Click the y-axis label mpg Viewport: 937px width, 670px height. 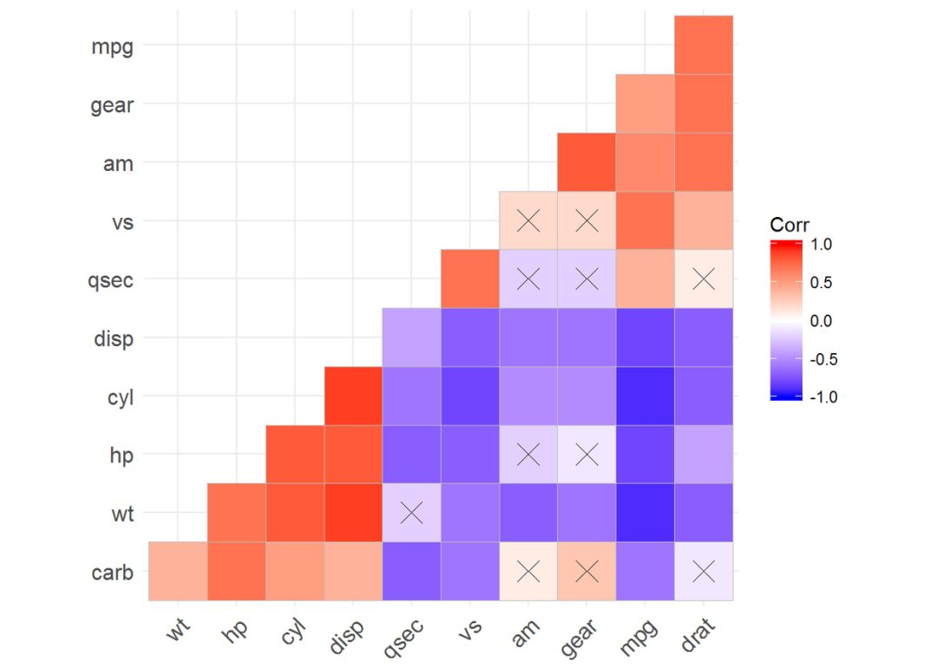click(112, 47)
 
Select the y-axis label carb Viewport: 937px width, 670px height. click(112, 572)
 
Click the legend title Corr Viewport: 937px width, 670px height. click(789, 225)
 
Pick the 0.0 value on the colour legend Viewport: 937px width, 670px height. click(821, 321)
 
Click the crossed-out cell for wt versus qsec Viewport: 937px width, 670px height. click(411, 513)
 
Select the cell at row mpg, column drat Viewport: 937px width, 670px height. click(704, 45)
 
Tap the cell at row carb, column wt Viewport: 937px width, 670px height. click(178, 571)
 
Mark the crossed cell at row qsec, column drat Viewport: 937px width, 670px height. click(704, 279)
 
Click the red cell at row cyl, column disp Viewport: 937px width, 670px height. click(353, 396)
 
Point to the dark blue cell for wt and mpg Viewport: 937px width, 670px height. click(645, 513)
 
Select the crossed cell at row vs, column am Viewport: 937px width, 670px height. click(528, 220)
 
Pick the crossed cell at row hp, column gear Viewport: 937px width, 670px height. click(586, 454)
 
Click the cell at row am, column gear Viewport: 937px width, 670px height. click(586, 162)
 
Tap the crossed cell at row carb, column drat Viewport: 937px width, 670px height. click(704, 571)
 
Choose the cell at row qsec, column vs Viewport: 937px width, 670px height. click(469, 279)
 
